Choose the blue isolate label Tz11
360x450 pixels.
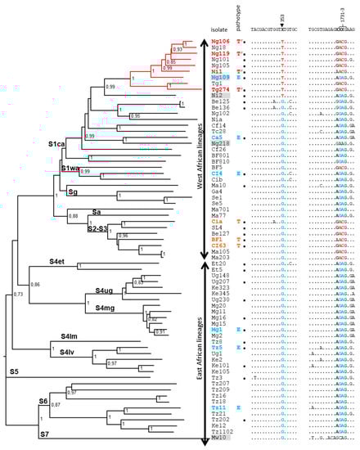coord(218,407)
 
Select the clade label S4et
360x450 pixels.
coord(56,261)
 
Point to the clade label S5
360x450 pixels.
coord(13,372)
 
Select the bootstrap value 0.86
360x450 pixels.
coord(35,283)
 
